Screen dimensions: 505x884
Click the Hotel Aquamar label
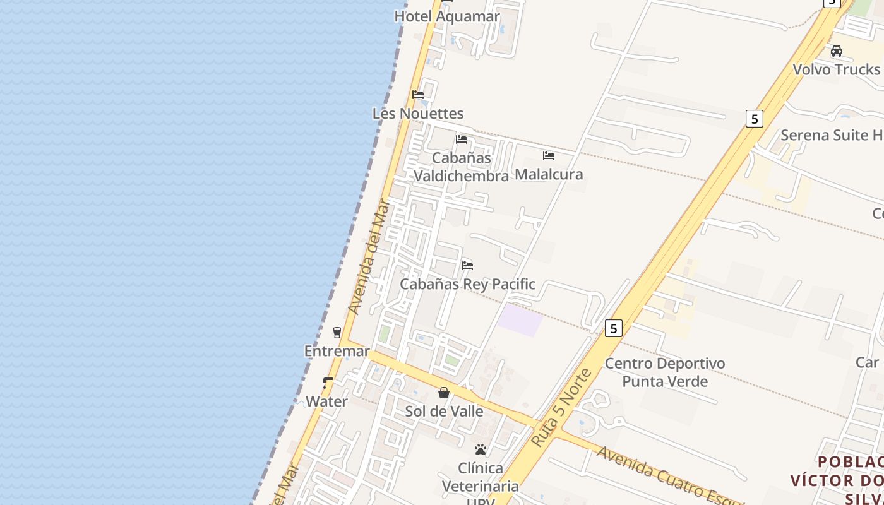pyautogui.click(x=446, y=16)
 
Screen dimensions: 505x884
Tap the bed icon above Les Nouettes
pyautogui.click(x=418, y=95)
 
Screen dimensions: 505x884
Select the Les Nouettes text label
pyautogui.click(x=418, y=114)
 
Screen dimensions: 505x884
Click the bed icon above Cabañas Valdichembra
pyautogui.click(x=462, y=140)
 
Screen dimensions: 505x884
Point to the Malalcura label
pyautogui.click(x=549, y=174)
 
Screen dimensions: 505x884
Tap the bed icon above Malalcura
pyautogui.click(x=549, y=155)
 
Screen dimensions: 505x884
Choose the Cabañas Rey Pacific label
pyautogui.click(x=467, y=284)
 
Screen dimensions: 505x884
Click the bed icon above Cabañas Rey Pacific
pyautogui.click(x=467, y=265)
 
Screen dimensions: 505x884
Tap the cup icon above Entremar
pyautogui.click(x=337, y=332)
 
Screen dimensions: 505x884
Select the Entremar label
pyautogui.click(x=337, y=351)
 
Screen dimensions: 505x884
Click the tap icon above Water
pyautogui.click(x=328, y=383)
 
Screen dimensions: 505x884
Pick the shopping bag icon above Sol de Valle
pyautogui.click(x=444, y=393)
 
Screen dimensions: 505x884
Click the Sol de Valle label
pyautogui.click(x=444, y=412)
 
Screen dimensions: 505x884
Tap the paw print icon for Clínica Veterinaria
pyautogui.click(x=481, y=449)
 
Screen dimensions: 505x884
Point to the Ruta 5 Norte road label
pyautogui.click(x=561, y=408)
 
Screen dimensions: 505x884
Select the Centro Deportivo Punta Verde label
pyautogui.click(x=665, y=372)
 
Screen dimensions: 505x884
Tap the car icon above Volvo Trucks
pyautogui.click(x=837, y=51)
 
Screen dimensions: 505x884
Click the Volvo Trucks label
pyautogui.click(x=836, y=69)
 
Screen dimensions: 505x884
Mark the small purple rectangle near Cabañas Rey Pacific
pyautogui.click(x=520, y=319)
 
